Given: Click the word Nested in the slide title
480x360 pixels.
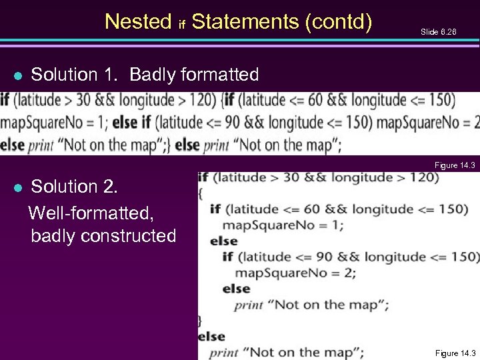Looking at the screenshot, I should click(x=138, y=22).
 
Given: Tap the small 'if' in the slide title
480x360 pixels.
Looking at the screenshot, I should click(x=181, y=25).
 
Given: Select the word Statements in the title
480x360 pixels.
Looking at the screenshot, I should click(x=245, y=22).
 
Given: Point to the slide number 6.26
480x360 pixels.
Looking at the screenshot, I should click(x=439, y=31).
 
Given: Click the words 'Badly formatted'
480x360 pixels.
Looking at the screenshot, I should click(x=194, y=75).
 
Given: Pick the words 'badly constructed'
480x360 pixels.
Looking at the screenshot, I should click(x=103, y=235).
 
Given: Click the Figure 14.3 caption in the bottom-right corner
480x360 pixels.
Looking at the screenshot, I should click(x=455, y=353).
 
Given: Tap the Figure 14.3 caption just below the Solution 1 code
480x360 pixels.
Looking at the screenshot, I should click(x=455, y=165).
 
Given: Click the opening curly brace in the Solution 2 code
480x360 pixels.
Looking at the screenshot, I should click(x=201, y=193).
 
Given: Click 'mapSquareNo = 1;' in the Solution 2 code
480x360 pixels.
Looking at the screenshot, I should click(x=283, y=225).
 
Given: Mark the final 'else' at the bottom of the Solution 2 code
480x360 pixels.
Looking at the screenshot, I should click(x=211, y=336).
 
